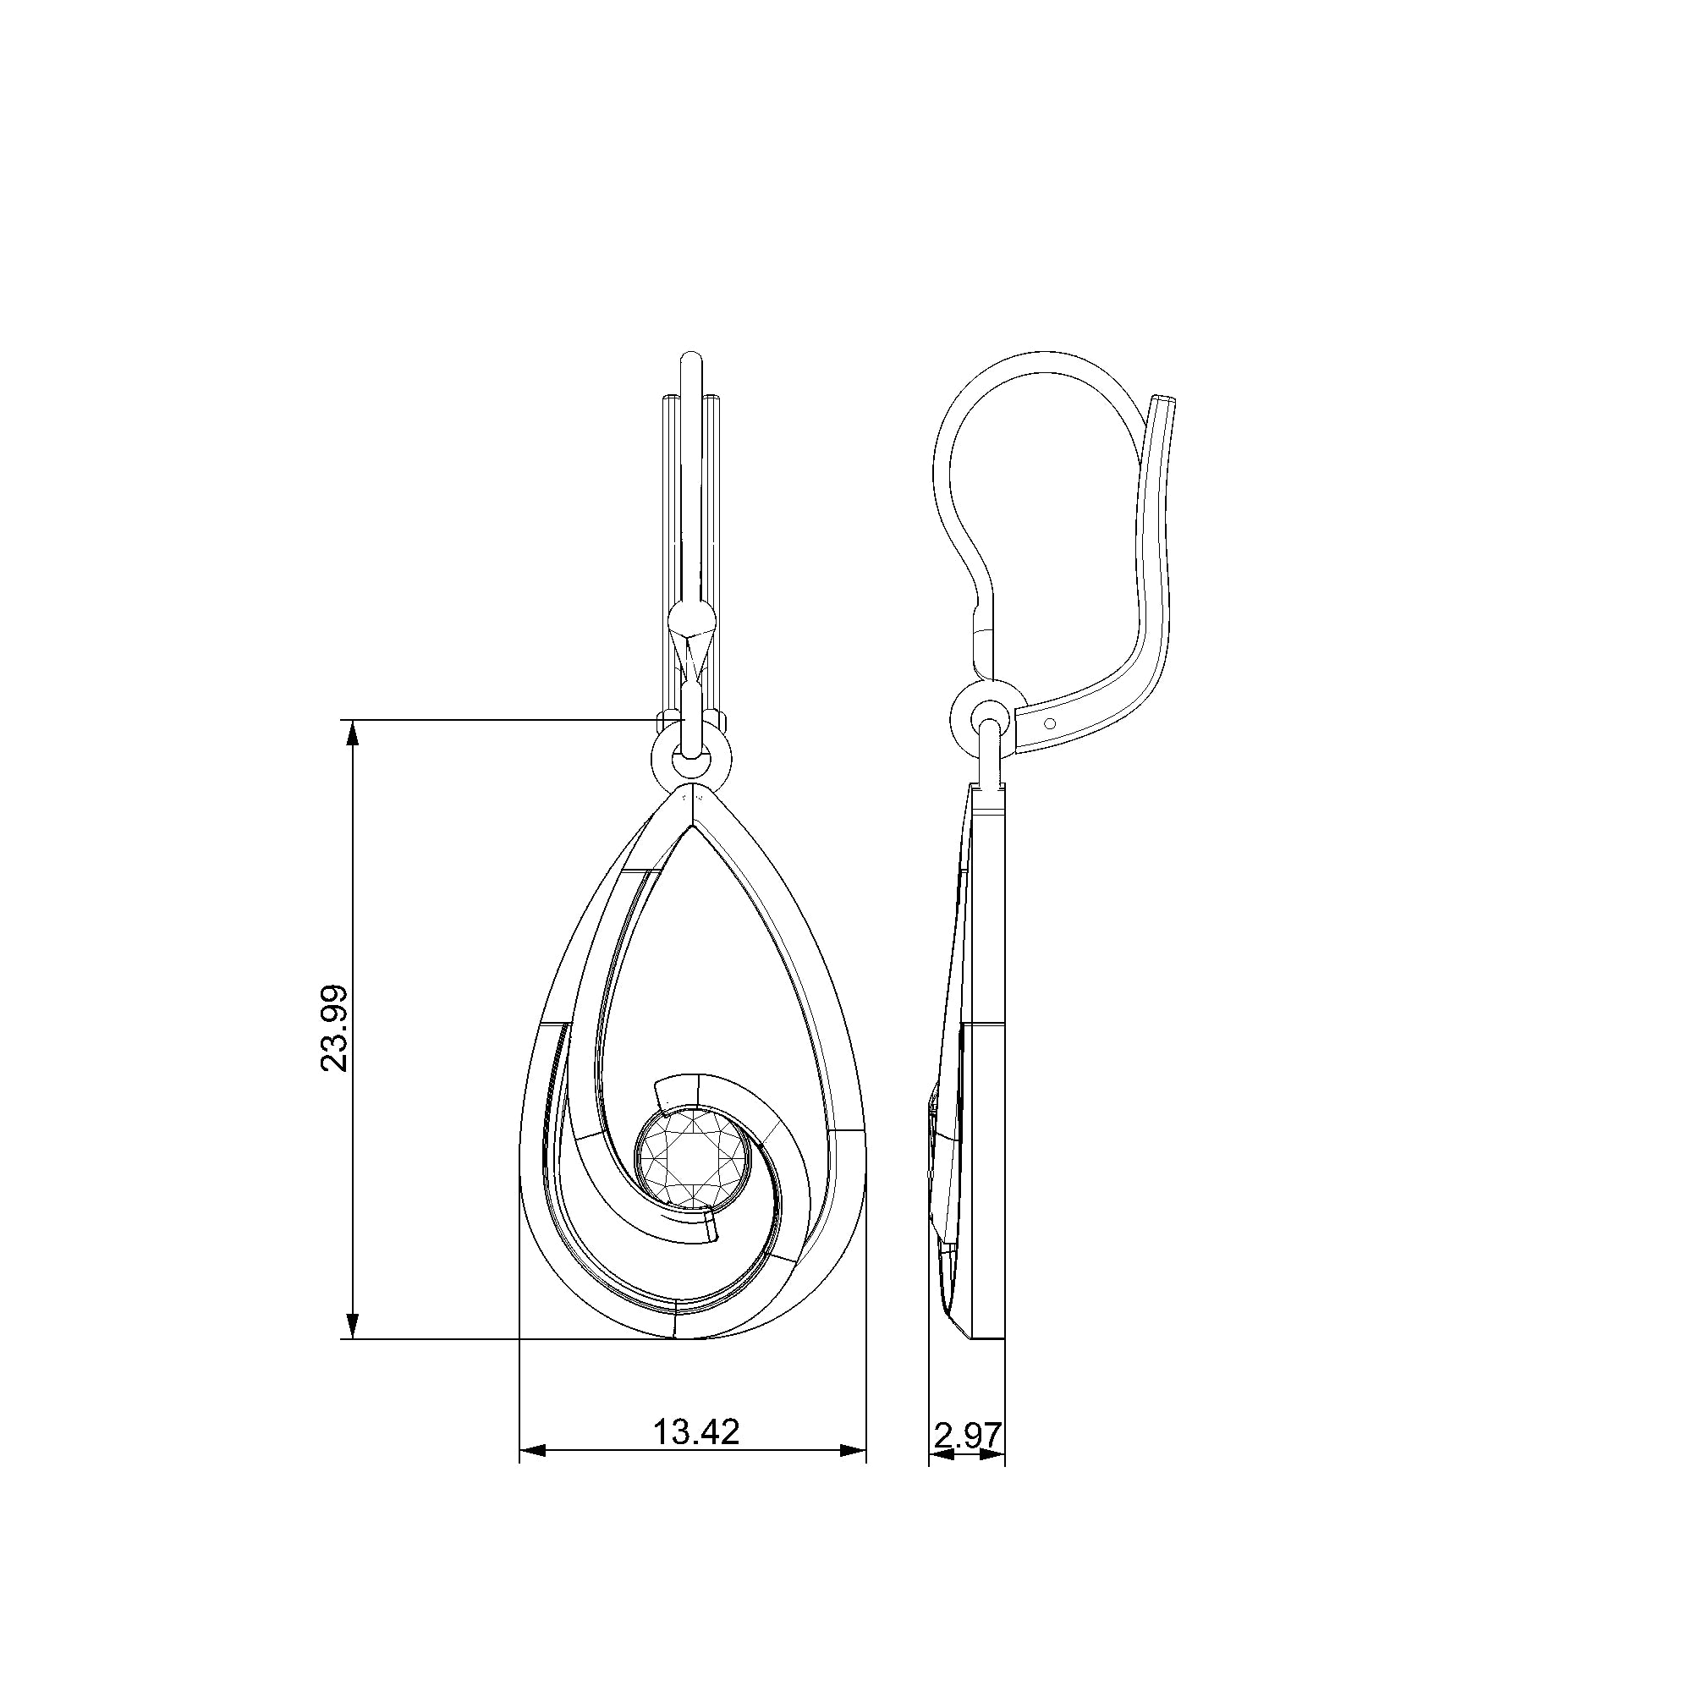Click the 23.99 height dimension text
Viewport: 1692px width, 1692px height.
click(333, 1028)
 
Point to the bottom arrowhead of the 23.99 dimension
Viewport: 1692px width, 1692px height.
click(352, 1350)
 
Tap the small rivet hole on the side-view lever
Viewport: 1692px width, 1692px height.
click(1051, 723)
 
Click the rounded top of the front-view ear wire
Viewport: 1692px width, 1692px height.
click(692, 359)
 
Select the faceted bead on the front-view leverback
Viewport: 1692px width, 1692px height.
click(692, 619)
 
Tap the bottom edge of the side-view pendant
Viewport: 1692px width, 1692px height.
click(986, 1362)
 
